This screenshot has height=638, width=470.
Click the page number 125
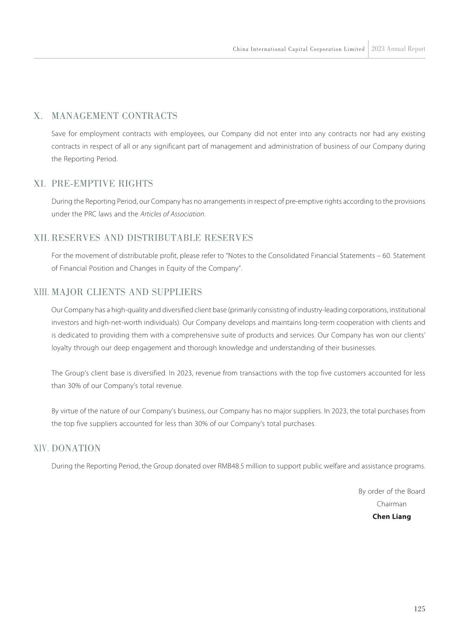pos(419,609)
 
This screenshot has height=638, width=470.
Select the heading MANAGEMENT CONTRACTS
pos(115,116)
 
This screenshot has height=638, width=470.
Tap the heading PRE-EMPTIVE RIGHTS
pos(102,184)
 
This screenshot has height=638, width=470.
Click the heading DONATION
pos(76,448)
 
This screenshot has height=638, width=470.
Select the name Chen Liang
pos(391,517)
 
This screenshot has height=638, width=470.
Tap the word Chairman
pos(391,504)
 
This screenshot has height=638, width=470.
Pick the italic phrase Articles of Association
pos(172,214)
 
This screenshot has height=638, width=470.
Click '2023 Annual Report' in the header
pos(398,49)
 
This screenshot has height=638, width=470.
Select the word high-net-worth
pos(118,322)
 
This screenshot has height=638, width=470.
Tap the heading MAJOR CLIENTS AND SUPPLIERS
pos(127,292)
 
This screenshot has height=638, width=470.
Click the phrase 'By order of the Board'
pos(391,491)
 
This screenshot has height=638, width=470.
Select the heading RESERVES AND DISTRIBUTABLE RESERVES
pos(152,238)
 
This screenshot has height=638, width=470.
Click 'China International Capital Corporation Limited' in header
pos(299,49)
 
